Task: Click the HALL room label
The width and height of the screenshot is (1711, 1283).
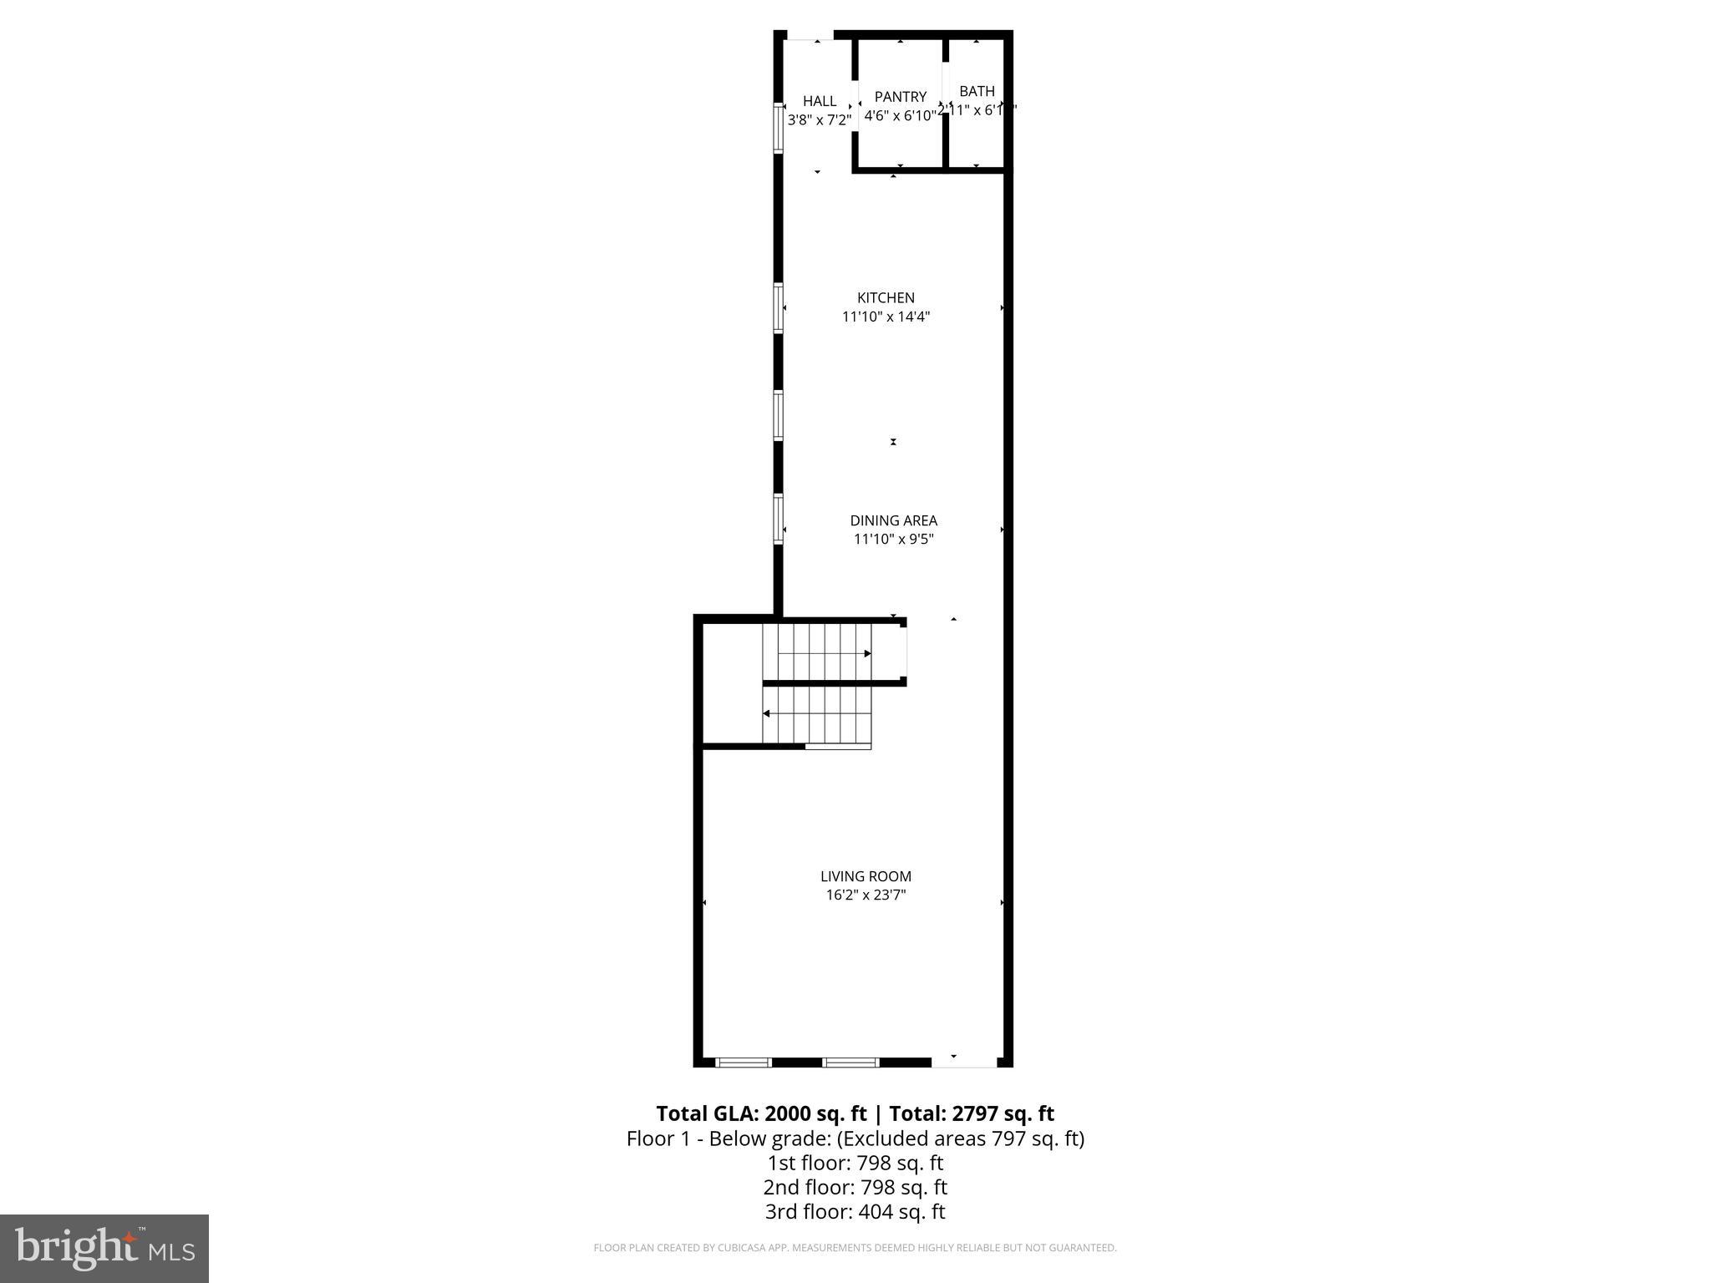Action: (x=820, y=101)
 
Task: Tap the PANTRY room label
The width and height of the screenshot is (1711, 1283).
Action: (x=900, y=97)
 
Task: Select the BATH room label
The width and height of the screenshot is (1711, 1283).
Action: (x=977, y=91)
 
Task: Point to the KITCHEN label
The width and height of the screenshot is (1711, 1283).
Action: (x=886, y=297)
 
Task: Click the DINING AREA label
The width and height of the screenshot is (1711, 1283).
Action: (x=893, y=520)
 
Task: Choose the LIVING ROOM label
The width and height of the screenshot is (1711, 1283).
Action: (x=866, y=876)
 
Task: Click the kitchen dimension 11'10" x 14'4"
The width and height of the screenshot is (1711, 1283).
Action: (x=886, y=317)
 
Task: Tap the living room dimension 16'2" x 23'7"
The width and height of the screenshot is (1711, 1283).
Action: (x=866, y=895)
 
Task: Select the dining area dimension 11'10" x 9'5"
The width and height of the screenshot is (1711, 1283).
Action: (x=893, y=540)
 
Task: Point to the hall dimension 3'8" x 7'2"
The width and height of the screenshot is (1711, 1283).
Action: (x=820, y=120)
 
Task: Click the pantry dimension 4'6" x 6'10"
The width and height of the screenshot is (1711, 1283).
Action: (x=900, y=116)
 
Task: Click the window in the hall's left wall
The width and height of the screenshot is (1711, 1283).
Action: (x=779, y=128)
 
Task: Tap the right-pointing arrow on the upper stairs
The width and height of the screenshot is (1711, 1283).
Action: (x=867, y=653)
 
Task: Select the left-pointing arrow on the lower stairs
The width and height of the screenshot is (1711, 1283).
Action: (x=767, y=713)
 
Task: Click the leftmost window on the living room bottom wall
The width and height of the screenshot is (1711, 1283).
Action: (x=743, y=1062)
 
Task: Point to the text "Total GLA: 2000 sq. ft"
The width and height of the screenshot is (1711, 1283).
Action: (x=761, y=1113)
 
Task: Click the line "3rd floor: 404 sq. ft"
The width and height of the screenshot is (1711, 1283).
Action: (x=855, y=1211)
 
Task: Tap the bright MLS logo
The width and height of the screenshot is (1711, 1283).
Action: (x=104, y=1248)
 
